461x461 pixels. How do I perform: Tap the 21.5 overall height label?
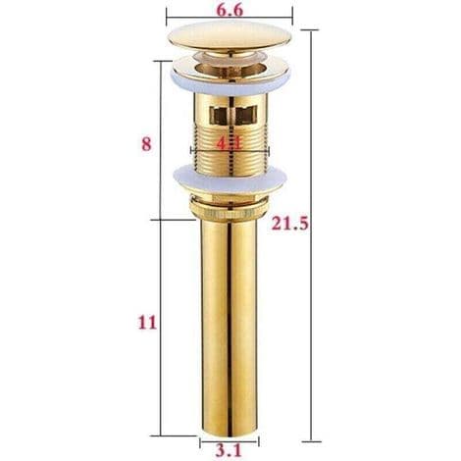290,224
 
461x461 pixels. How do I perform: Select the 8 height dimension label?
146,144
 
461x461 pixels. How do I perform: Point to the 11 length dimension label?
147,323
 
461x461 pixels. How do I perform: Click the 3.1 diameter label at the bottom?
229,450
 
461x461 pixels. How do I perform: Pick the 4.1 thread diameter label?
230,143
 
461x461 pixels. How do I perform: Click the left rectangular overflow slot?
221,116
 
